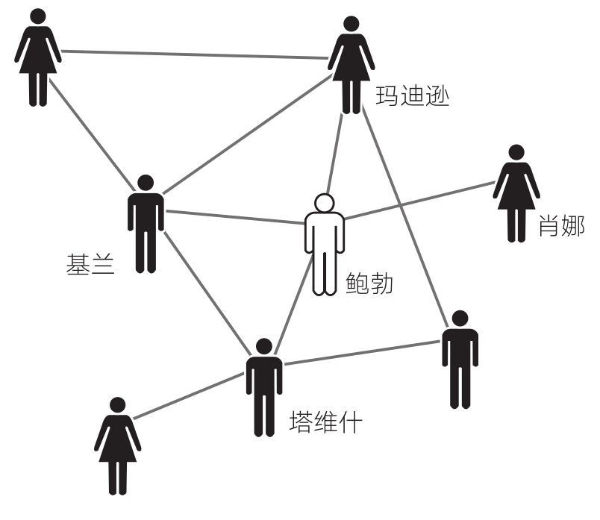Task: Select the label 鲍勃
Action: [x=369, y=284]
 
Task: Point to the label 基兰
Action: [x=90, y=266]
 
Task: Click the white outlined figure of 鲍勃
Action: [x=324, y=246]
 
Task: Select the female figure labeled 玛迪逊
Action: [x=350, y=63]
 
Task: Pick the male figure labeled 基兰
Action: [x=146, y=224]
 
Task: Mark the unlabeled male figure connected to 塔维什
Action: [x=460, y=358]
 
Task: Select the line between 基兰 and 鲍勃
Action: [x=235, y=217]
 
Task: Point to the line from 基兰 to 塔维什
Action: [x=205, y=288]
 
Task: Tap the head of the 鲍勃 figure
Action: [x=324, y=202]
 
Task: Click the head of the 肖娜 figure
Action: [x=516, y=152]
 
